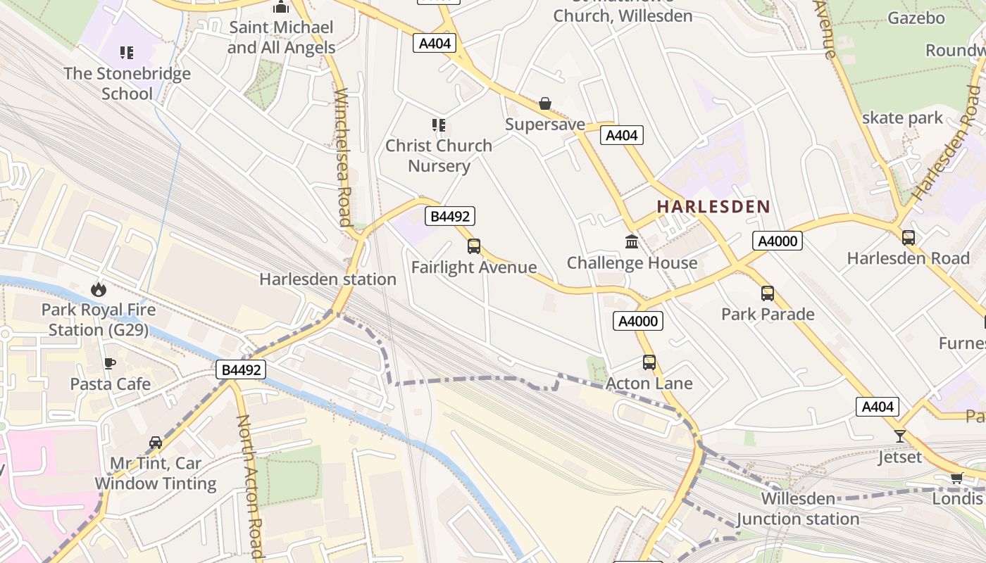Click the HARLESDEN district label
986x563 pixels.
point(713,207)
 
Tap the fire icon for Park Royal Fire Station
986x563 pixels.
point(98,289)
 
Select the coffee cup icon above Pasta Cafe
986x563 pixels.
point(110,363)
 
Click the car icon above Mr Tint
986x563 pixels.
point(156,443)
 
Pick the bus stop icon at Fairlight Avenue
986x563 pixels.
point(474,246)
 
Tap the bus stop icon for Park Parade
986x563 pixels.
point(768,293)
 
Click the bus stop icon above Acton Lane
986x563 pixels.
point(649,362)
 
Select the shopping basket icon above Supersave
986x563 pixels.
point(545,104)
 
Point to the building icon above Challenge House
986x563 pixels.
point(632,242)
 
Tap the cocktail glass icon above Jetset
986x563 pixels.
point(900,436)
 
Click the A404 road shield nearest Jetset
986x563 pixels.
point(878,407)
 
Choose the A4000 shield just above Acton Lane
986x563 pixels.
point(638,322)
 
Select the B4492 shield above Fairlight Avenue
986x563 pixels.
point(449,216)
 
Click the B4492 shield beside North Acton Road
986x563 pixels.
point(241,369)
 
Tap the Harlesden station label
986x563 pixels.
point(327,279)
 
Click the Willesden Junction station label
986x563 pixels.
point(798,509)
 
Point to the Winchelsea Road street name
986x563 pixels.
point(343,157)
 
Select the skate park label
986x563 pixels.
point(902,118)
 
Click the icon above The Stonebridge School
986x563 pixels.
point(127,52)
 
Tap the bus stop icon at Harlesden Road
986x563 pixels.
point(909,237)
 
